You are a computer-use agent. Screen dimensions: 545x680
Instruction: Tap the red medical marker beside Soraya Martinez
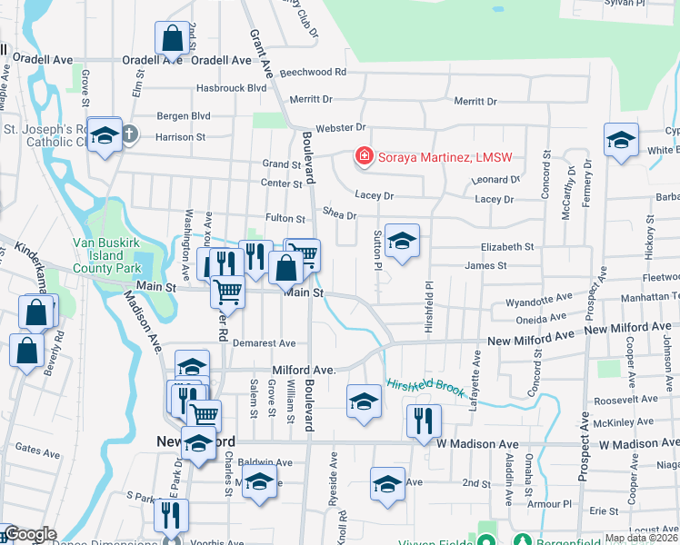pyautogui.click(x=365, y=157)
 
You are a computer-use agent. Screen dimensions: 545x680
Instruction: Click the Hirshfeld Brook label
pyautogui.click(x=426, y=388)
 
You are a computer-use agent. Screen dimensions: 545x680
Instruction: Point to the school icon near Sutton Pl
pyautogui.click(x=402, y=241)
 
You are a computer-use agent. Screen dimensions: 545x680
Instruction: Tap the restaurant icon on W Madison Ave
pyautogui.click(x=424, y=421)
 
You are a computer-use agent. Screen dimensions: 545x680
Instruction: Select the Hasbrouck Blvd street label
pyautogui.click(x=232, y=88)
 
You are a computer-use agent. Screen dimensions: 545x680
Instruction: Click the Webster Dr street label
pyautogui.click(x=340, y=128)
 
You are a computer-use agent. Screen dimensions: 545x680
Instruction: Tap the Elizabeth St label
pyautogui.click(x=507, y=247)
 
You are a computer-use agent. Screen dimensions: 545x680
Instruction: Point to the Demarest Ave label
pyautogui.click(x=264, y=343)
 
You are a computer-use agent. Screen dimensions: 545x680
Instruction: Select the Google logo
pyautogui.click(x=30, y=535)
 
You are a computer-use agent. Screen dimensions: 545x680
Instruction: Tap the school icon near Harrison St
pyautogui.click(x=105, y=135)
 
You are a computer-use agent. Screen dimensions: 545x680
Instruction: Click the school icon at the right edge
pyautogui.click(x=621, y=140)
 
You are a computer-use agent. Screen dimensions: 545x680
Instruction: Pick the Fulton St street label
pyautogui.click(x=285, y=218)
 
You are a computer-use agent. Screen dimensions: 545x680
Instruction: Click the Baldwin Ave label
pyautogui.click(x=265, y=462)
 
